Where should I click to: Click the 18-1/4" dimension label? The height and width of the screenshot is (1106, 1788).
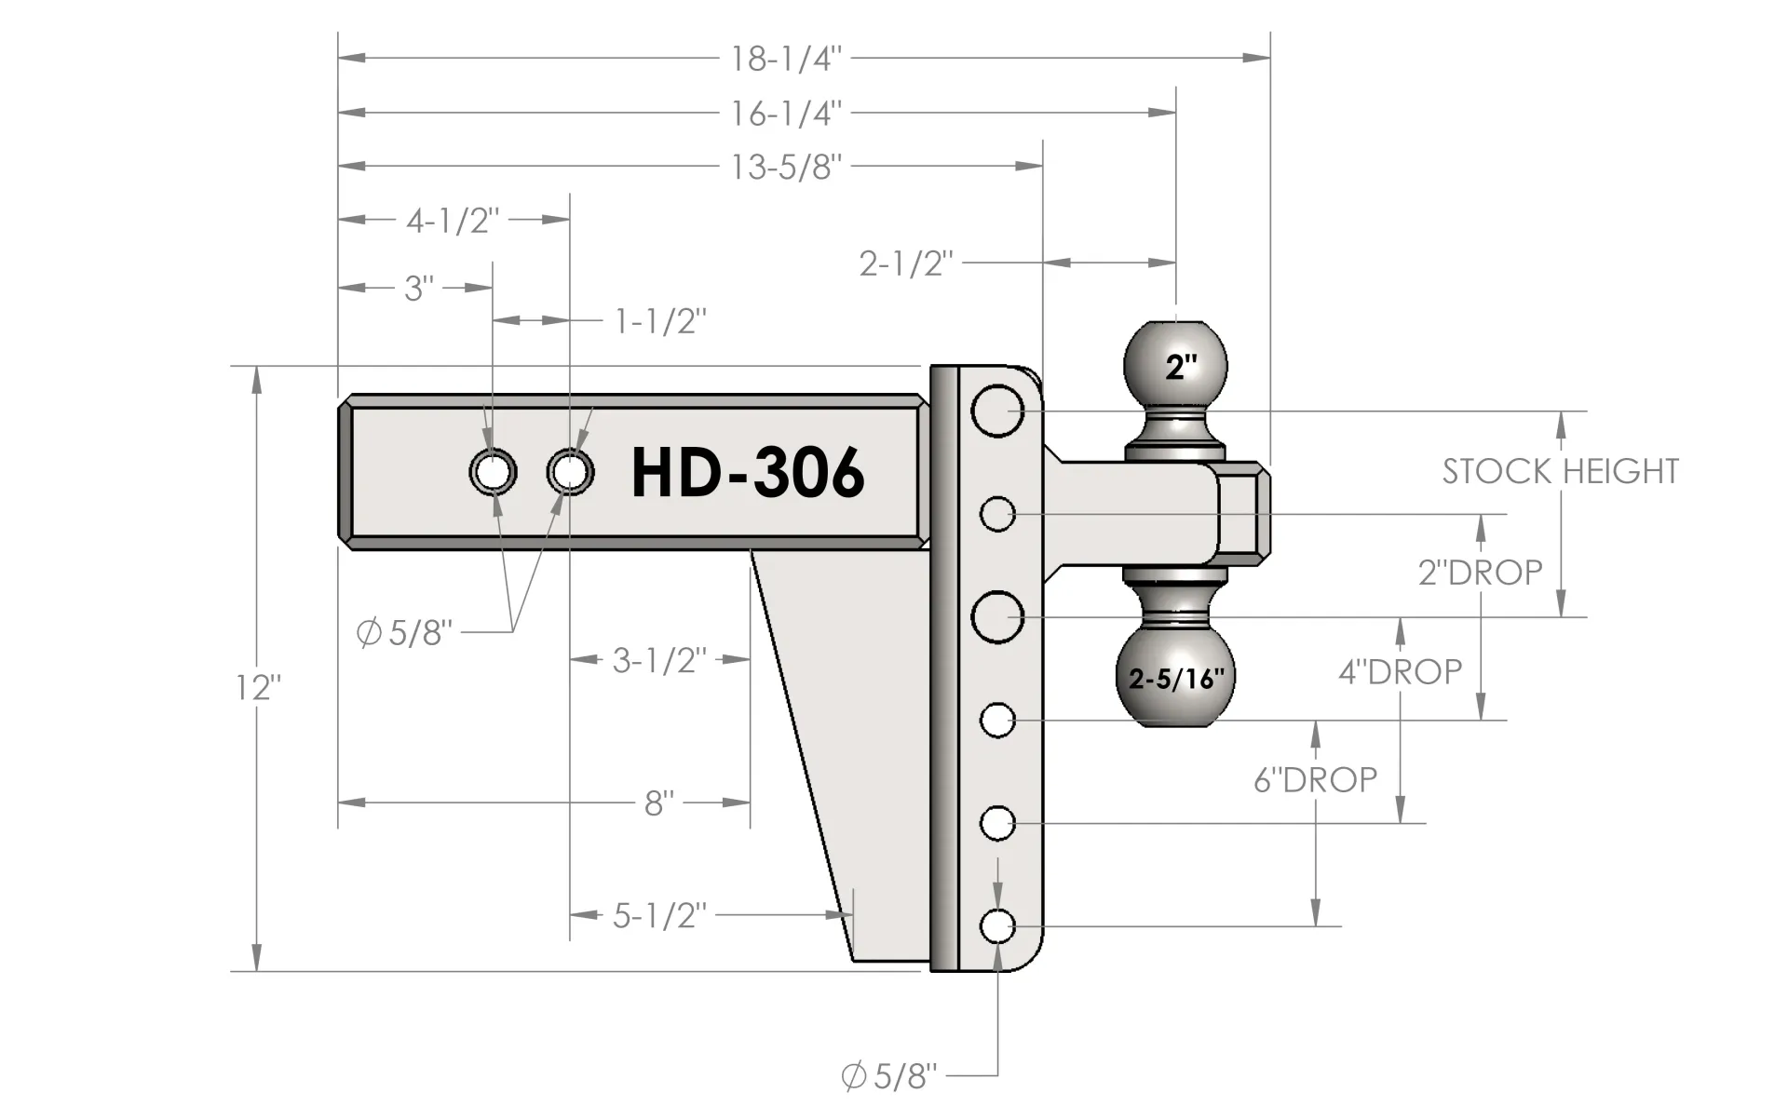click(785, 59)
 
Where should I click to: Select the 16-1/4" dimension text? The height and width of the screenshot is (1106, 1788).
click(785, 114)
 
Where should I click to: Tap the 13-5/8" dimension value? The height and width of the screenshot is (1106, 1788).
click(785, 168)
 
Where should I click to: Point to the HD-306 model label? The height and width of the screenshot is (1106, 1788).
click(748, 473)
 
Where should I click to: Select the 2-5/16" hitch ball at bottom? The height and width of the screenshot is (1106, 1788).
click(1176, 677)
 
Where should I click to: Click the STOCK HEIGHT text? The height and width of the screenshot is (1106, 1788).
click(1560, 472)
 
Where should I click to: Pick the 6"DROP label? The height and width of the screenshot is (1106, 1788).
click(1315, 780)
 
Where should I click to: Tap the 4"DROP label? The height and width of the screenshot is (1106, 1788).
click(1400, 672)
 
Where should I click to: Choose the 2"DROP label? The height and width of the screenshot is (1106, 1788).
click(1480, 573)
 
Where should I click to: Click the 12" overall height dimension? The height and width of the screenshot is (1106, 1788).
click(257, 688)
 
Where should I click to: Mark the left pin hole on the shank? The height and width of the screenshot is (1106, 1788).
click(493, 473)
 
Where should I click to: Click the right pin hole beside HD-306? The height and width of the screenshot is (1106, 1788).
click(570, 473)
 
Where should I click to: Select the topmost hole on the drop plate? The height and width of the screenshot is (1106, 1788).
click(997, 411)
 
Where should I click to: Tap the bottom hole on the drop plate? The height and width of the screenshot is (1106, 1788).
click(997, 926)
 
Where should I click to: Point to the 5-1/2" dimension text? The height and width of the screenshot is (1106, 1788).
click(658, 916)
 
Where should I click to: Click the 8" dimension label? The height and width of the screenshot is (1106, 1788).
click(658, 803)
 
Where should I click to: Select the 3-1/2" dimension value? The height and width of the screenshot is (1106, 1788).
click(658, 661)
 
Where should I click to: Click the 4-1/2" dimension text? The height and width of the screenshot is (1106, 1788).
click(453, 222)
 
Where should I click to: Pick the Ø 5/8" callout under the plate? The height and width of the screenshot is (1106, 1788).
click(888, 1077)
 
